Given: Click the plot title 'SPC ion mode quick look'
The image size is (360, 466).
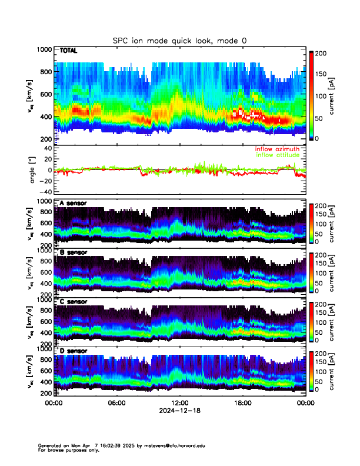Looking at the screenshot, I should pyautogui.click(x=180, y=40).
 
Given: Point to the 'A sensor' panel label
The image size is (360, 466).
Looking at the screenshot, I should pyautogui.click(x=73, y=203).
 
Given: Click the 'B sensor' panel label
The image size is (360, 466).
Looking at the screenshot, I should pyautogui.click(x=73, y=252).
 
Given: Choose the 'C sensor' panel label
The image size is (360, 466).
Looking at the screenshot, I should pyautogui.click(x=73, y=302).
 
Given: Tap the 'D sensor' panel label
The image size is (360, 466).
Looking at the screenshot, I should pyautogui.click(x=73, y=351).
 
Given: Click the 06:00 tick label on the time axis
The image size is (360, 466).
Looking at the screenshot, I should pyautogui.click(x=116, y=403).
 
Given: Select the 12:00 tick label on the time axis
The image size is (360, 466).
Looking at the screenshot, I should pyautogui.click(x=179, y=403).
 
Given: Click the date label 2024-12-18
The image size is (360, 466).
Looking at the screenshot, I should pyautogui.click(x=179, y=411).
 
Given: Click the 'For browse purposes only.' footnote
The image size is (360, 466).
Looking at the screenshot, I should pyautogui.click(x=68, y=450).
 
